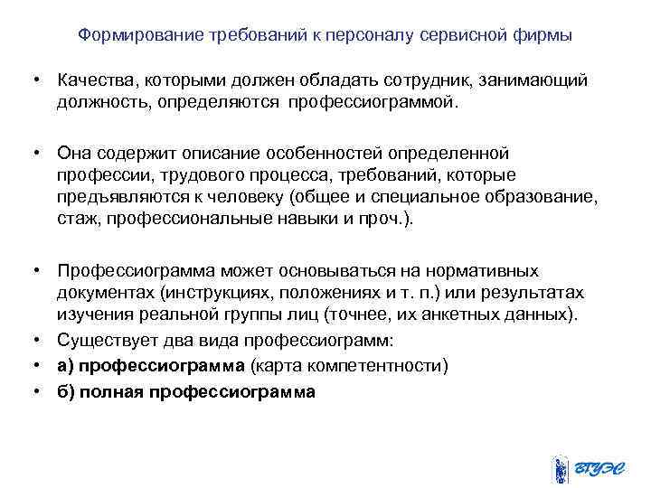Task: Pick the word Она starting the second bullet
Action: tap(72, 152)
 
